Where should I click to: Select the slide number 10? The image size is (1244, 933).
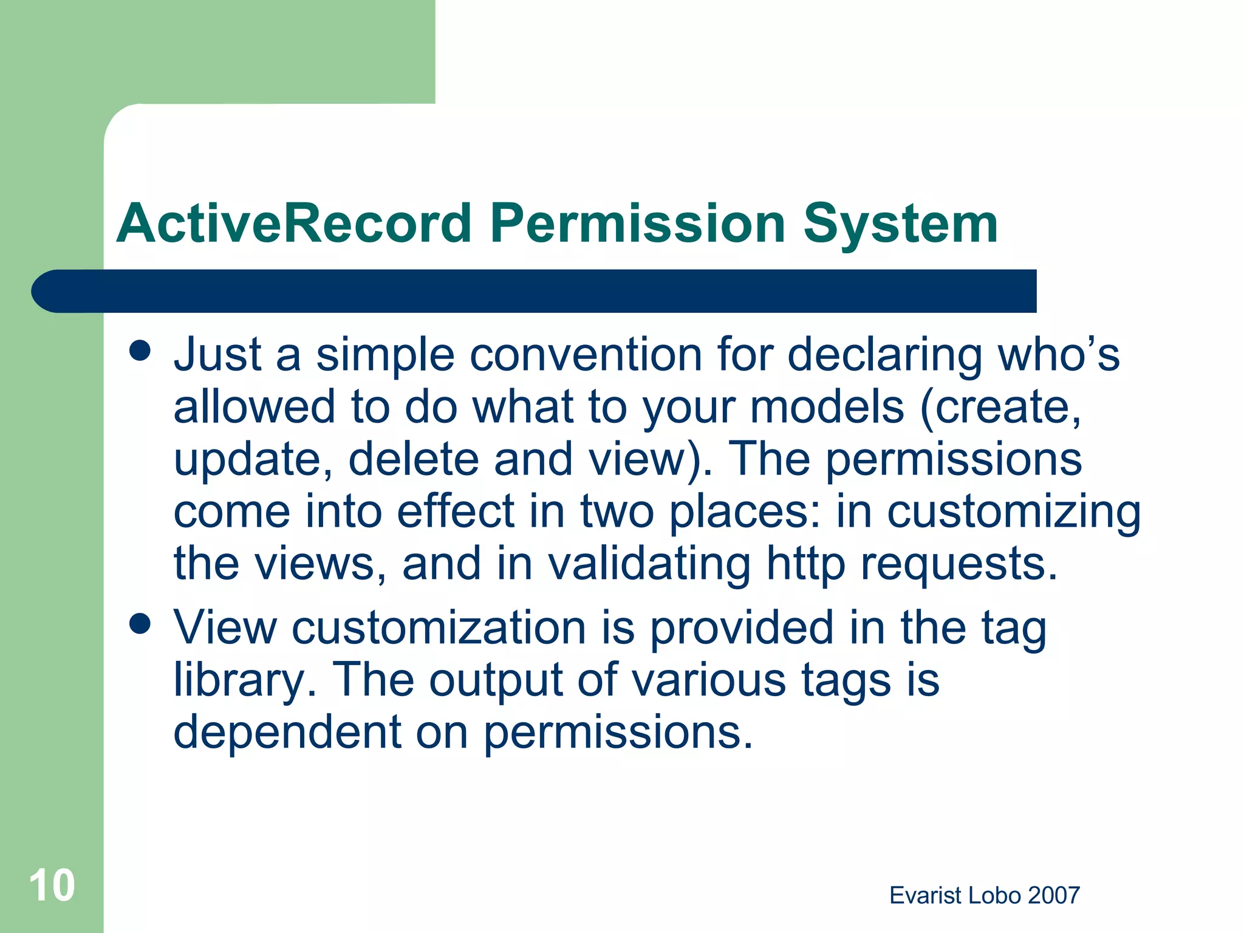click(x=52, y=886)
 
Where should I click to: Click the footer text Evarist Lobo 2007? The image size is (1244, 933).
click(x=984, y=895)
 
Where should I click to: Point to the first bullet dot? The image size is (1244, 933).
click(x=140, y=350)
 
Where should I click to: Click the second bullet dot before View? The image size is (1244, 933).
click(x=140, y=624)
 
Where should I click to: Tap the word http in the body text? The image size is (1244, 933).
click(x=805, y=565)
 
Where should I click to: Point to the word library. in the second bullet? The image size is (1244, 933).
click(x=245, y=680)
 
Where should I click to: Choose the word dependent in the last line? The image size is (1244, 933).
click(x=287, y=732)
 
